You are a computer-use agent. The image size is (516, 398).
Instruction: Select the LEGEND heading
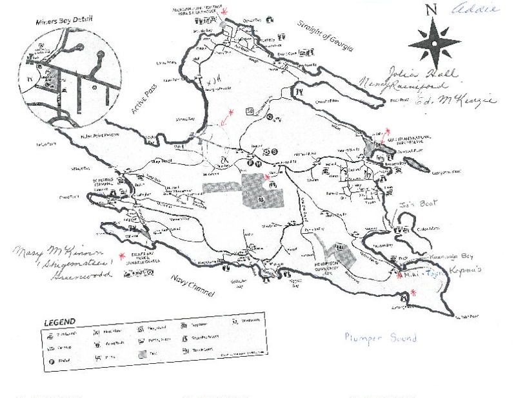point(59,321)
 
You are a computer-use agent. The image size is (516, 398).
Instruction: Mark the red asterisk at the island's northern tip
point(224,11)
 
